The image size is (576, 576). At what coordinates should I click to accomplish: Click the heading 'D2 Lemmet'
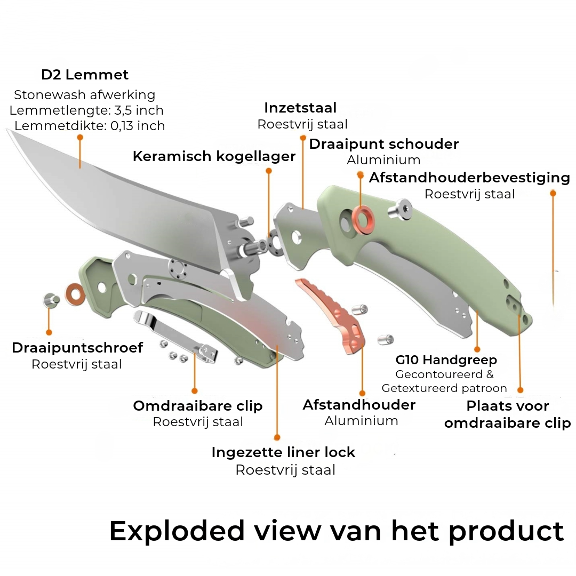[85, 75]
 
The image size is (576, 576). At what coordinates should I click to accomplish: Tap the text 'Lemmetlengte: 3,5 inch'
[86, 110]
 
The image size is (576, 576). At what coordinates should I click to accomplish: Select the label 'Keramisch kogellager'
[214, 156]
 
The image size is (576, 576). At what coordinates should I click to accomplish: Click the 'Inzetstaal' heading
[300, 108]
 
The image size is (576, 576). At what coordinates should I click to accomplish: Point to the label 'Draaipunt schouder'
[383, 144]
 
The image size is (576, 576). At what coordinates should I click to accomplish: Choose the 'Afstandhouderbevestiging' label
[469, 178]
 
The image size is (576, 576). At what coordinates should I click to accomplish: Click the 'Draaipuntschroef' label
[77, 348]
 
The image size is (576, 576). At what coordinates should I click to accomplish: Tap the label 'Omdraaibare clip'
[198, 406]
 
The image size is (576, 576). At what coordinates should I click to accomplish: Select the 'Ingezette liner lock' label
[283, 452]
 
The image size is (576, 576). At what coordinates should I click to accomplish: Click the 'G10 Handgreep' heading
[446, 360]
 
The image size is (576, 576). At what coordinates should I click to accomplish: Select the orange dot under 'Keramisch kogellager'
[269, 171]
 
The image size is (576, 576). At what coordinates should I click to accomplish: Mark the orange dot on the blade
[80, 137]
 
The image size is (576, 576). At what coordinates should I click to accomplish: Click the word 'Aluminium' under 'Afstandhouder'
[361, 421]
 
